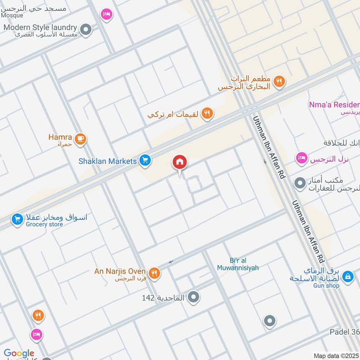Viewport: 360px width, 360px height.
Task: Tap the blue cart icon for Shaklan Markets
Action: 144,160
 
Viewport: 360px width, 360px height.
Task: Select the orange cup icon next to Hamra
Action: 81,139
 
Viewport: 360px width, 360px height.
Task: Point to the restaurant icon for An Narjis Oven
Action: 154,273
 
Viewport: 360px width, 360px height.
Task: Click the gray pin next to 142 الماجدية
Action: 194,297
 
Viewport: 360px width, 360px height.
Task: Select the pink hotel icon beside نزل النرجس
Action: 301,158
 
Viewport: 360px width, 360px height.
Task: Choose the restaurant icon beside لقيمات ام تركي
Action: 207,113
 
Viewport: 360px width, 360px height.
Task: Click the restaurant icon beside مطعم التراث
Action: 279,81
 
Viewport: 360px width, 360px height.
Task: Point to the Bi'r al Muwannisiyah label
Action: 243,264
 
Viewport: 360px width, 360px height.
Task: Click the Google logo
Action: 19,354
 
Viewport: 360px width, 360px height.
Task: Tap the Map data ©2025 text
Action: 336,355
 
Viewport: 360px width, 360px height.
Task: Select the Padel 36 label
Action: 344,332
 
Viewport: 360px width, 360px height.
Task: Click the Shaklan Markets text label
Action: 107,161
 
